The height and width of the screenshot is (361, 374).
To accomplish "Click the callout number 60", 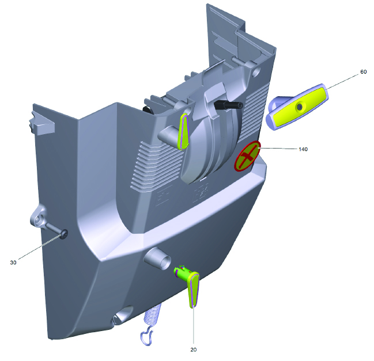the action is [x=363, y=72].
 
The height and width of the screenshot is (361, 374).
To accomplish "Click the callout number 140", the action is [x=303, y=149].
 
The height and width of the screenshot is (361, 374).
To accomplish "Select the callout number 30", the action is [x=13, y=263].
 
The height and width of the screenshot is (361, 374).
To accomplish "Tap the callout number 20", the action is [x=194, y=349].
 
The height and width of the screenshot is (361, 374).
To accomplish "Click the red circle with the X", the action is [x=247, y=156].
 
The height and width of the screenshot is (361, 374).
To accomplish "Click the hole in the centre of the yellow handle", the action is [x=299, y=107].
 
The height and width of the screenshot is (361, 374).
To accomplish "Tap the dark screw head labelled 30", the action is [x=65, y=234].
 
